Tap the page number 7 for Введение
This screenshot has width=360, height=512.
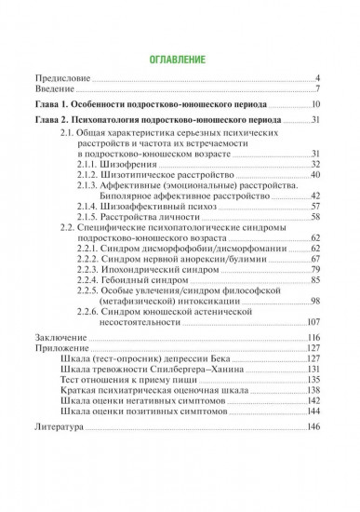pos(318,89)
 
